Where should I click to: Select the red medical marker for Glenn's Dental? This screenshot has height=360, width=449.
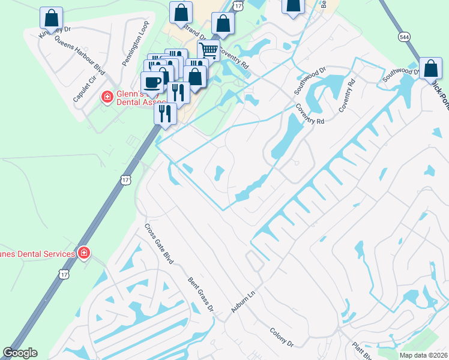[107, 97]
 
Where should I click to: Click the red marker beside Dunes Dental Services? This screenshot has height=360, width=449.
[83, 253]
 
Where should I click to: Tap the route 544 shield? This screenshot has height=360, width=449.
[403, 37]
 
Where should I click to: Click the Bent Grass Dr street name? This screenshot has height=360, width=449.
[200, 293]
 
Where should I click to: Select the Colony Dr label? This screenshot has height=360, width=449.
[281, 337]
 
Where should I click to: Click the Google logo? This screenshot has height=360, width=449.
[20, 353]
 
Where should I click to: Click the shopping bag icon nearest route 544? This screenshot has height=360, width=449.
[431, 68]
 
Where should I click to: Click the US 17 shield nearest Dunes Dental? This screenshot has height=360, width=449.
[64, 274]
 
